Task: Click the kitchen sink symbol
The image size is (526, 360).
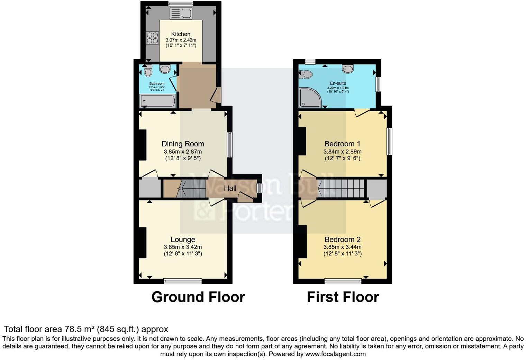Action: click(x=181, y=13)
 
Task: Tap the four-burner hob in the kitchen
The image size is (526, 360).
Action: click(x=152, y=38)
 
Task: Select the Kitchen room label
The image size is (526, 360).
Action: click(x=181, y=34)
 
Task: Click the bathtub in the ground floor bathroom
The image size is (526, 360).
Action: click(x=157, y=101)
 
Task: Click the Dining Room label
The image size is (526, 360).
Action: click(x=183, y=144)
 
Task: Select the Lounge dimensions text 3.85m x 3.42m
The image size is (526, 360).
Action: click(x=183, y=247)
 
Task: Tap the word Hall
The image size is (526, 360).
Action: click(x=230, y=188)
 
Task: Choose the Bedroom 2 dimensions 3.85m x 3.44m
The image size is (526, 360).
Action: click(x=342, y=247)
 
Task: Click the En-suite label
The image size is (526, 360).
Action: click(x=338, y=83)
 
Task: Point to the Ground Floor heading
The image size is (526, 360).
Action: click(x=198, y=297)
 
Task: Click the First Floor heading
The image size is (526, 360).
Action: click(x=343, y=297)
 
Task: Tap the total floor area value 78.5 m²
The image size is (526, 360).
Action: click(x=80, y=329)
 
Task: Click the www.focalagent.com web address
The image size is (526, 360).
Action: click(x=335, y=354)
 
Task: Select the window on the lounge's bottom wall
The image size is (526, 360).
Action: click(x=182, y=281)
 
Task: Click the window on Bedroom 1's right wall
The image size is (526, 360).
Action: click(x=389, y=141)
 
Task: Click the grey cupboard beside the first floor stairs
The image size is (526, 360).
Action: click(x=376, y=189)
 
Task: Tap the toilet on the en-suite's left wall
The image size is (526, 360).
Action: click(x=306, y=74)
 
